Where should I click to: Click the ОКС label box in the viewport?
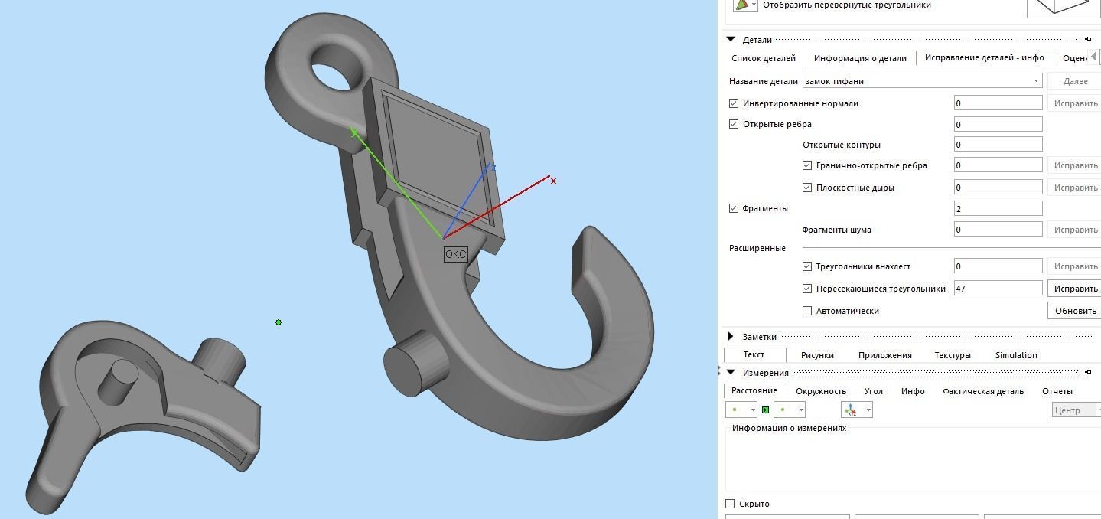[x=455, y=254]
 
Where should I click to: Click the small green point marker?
[x=279, y=322]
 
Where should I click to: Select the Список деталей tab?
[x=764, y=58]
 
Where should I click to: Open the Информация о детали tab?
[x=860, y=58]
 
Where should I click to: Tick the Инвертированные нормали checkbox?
[x=735, y=103]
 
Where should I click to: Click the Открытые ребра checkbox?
[x=735, y=124]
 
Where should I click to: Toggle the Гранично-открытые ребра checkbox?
[x=807, y=165]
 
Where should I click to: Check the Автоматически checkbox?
[x=807, y=311]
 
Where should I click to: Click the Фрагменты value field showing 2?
[x=998, y=208]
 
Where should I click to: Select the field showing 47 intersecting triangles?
[x=998, y=289]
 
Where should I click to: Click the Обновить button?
[x=1075, y=311]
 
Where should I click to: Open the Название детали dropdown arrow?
[x=1037, y=81]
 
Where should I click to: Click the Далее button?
[x=1075, y=81]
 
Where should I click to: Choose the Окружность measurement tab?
[x=821, y=391]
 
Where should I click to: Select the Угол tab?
[x=873, y=391]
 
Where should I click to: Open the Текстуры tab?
[x=953, y=355]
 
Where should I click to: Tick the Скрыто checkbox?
[x=730, y=504]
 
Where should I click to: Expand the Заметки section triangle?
[x=731, y=337]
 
